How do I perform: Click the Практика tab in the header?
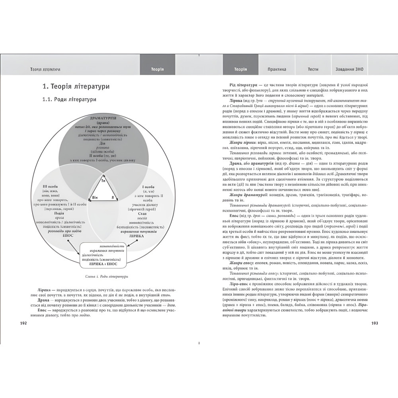[277, 69]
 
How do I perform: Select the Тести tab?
[313, 69]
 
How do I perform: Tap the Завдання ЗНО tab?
[349, 69]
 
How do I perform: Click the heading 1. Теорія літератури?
[76, 86]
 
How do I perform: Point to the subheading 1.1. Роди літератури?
[70, 99]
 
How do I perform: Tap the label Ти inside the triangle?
[103, 181]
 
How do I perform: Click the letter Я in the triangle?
[113, 197]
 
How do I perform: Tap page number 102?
[23, 323]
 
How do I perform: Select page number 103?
[374, 323]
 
